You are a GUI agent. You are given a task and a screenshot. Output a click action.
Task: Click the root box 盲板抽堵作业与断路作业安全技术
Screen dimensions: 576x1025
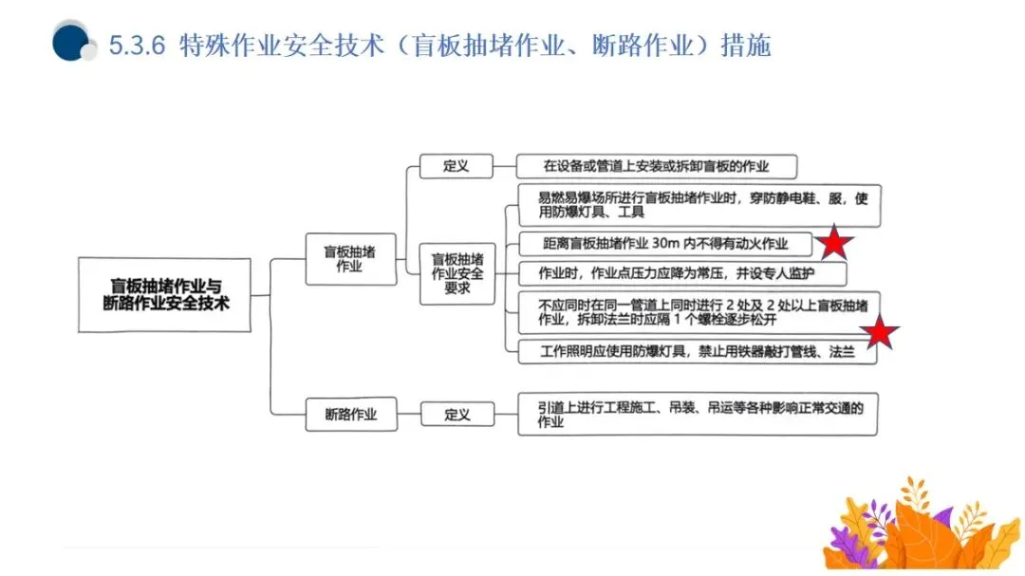point(164,295)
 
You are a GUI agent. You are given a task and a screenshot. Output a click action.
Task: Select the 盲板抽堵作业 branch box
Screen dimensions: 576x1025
point(349,259)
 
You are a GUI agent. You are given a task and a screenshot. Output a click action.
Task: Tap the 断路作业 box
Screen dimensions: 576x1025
point(351,415)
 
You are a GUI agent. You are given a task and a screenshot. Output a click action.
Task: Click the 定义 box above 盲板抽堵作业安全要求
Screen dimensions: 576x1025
point(457,166)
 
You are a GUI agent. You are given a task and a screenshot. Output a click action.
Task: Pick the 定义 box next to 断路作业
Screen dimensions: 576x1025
point(457,415)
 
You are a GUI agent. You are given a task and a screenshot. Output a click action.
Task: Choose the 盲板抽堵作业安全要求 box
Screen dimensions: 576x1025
point(457,273)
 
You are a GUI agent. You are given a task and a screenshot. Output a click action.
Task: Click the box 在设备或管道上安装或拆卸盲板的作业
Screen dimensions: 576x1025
point(657,166)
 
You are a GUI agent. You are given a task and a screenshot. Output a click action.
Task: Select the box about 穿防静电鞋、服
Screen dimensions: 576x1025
point(700,206)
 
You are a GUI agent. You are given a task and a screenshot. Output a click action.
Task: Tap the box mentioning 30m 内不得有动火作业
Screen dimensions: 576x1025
point(665,243)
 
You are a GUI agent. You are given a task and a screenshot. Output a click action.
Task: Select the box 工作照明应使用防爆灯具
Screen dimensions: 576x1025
point(696,351)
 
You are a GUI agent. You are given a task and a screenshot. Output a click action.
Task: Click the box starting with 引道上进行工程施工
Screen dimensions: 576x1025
point(697,415)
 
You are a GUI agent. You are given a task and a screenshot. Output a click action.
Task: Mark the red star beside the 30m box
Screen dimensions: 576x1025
point(834,243)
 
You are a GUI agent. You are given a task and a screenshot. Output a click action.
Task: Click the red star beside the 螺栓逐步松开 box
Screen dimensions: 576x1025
point(880,332)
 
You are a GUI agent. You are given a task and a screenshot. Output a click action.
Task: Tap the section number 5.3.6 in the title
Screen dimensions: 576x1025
point(138,46)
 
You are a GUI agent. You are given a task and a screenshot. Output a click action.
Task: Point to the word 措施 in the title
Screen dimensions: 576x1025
point(746,46)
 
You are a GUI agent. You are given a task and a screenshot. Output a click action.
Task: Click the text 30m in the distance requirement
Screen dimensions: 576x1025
point(672,243)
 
